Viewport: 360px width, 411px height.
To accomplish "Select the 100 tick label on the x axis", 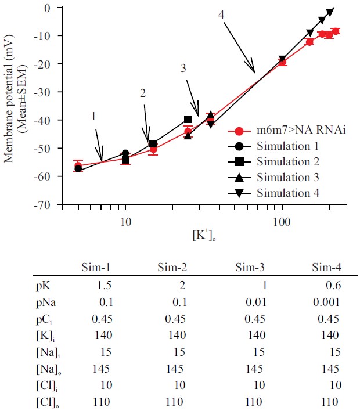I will point(282,221).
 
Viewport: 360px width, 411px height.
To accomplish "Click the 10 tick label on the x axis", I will point(125,221).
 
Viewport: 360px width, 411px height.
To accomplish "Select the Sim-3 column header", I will point(251,268).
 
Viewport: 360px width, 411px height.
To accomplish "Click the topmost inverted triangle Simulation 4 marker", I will point(330,12).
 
